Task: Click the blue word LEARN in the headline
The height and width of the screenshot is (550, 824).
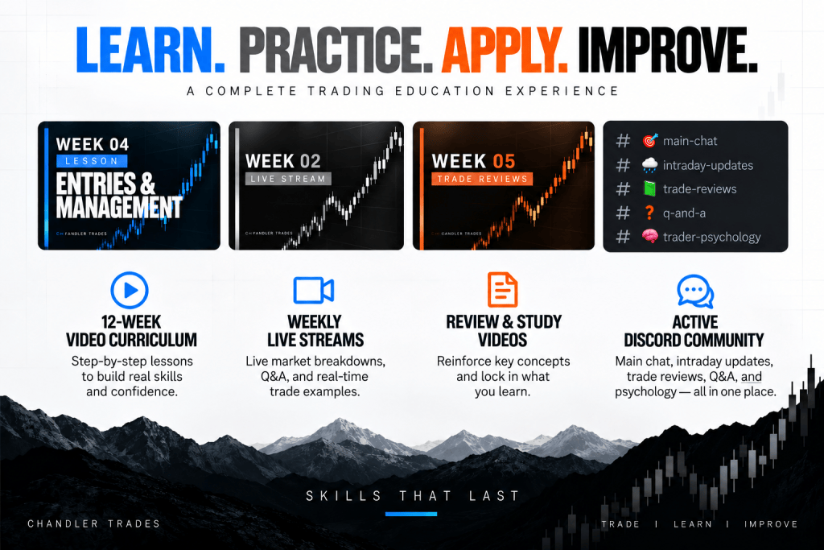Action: click(150, 49)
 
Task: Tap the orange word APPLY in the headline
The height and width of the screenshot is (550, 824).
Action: click(504, 49)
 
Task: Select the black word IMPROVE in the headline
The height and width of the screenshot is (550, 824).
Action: click(667, 49)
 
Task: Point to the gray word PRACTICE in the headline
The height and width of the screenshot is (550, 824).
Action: click(336, 49)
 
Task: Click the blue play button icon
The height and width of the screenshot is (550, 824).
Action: click(130, 290)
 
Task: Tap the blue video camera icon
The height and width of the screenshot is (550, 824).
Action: click(314, 290)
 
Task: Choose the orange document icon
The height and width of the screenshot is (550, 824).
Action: click(502, 289)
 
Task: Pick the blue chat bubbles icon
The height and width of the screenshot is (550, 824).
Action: click(695, 291)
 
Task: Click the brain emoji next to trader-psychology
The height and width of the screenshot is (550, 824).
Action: click(650, 236)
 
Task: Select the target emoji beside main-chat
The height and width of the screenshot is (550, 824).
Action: click(650, 140)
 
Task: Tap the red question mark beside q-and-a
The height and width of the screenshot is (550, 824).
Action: click(649, 213)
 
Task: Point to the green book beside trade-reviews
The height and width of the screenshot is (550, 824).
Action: click(650, 188)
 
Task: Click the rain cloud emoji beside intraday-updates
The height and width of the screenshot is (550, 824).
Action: click(650, 165)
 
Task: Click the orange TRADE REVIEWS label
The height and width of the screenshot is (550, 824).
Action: click(482, 179)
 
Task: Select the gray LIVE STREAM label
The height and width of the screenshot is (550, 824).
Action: click(288, 179)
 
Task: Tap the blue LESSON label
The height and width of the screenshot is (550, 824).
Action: click(92, 161)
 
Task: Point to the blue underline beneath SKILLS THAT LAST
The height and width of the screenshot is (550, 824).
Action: click(411, 515)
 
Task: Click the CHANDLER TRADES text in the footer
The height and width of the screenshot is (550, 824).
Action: click(93, 523)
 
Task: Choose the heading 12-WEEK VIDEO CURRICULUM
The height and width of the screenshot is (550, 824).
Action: click(131, 331)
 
